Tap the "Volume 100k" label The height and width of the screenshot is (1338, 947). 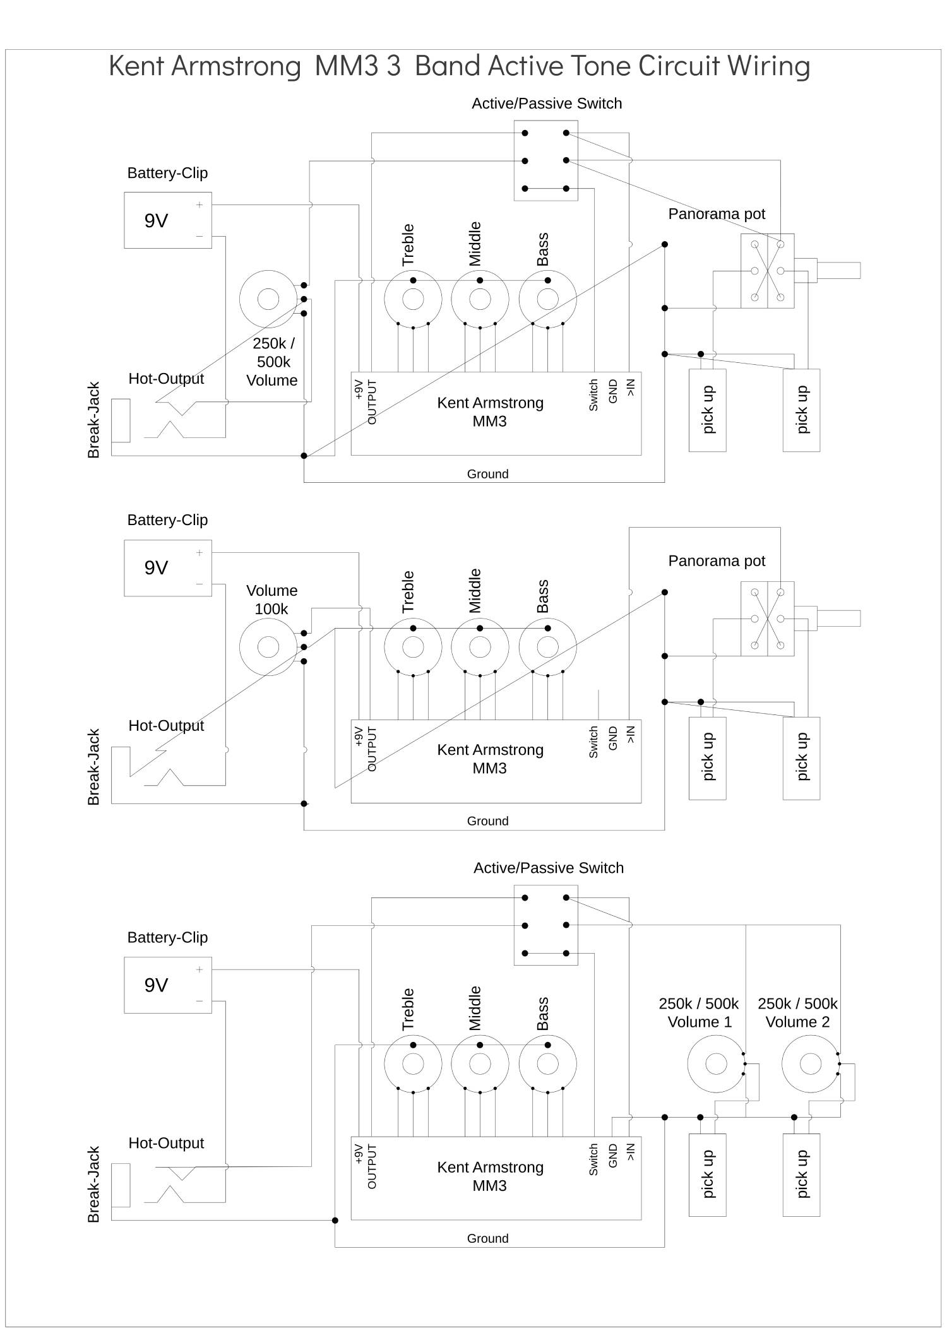click(x=271, y=600)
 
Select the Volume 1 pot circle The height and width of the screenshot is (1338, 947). click(x=716, y=1064)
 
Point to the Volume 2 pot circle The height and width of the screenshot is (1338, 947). click(x=811, y=1064)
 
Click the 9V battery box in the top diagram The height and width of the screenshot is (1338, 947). click(x=167, y=220)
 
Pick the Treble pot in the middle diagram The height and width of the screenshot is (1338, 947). click(x=413, y=647)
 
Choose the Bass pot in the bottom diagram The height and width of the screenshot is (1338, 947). click(x=547, y=1064)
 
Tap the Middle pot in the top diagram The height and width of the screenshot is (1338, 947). click(x=480, y=299)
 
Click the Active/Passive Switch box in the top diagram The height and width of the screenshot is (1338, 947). click(x=545, y=160)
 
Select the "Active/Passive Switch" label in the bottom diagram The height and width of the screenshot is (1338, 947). click(x=548, y=868)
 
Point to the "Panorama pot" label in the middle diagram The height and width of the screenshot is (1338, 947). click(x=717, y=561)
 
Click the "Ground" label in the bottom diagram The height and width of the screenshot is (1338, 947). click(x=487, y=1238)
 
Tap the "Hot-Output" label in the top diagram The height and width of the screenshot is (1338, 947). click(x=166, y=379)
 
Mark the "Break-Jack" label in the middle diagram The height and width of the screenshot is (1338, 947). click(x=93, y=767)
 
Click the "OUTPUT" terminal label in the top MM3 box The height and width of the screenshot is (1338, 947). click(x=372, y=402)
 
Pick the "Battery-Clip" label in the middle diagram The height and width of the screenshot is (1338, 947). click(x=167, y=520)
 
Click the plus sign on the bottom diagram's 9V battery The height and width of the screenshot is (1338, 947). click(x=200, y=969)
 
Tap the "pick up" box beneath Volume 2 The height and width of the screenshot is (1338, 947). click(x=801, y=1175)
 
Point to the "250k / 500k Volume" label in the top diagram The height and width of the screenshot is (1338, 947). click(x=272, y=362)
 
